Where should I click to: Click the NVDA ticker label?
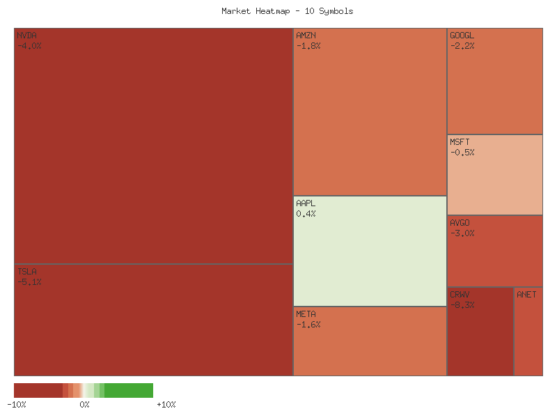(26, 35)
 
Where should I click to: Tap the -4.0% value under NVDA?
(29, 46)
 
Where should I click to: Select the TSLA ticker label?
(26, 271)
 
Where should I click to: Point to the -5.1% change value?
(29, 282)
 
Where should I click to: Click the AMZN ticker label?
(306, 35)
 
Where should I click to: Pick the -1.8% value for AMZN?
(308, 46)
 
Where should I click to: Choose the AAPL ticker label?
(306, 203)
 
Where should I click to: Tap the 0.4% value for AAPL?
(306, 214)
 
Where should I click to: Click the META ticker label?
(306, 313)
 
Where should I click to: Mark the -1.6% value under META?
(308, 325)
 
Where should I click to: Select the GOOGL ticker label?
(462, 35)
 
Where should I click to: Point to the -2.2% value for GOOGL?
(462, 46)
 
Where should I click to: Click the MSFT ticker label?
(460, 142)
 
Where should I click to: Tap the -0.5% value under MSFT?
(462, 153)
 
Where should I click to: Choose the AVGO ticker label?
(460, 223)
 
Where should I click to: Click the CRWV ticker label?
(460, 295)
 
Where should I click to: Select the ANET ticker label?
(526, 295)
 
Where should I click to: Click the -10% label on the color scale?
(16, 405)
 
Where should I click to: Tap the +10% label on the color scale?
(166, 405)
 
